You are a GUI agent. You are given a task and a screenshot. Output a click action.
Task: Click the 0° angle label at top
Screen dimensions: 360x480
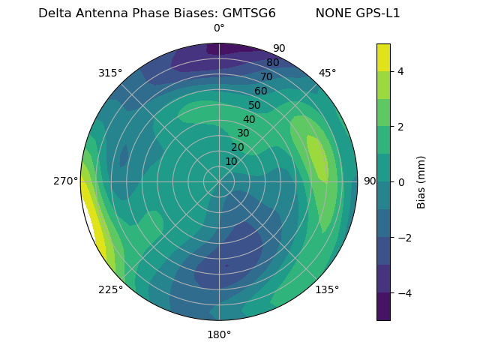click(x=219, y=28)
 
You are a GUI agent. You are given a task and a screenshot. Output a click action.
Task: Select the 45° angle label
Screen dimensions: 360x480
click(x=327, y=73)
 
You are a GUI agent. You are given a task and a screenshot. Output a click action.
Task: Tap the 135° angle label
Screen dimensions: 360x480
click(x=327, y=289)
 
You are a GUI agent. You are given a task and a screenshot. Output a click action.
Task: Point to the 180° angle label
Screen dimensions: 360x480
click(x=219, y=334)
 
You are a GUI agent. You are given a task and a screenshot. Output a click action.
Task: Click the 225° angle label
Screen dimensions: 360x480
click(x=110, y=290)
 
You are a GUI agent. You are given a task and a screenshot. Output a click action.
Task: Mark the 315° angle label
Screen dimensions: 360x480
click(x=110, y=73)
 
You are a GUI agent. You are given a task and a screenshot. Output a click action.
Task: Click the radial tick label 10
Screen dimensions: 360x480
click(x=231, y=161)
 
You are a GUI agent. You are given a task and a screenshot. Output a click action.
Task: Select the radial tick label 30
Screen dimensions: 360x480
click(x=243, y=133)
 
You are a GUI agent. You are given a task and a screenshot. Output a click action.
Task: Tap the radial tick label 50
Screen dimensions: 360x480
click(x=254, y=106)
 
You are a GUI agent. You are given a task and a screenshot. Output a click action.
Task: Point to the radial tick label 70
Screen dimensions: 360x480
click(x=266, y=76)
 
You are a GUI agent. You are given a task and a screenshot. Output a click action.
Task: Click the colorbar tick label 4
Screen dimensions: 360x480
click(x=401, y=71)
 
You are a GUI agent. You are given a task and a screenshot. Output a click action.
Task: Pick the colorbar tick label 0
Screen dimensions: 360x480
click(x=401, y=182)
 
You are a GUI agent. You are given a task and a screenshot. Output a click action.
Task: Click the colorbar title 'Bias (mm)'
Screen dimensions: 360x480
click(x=421, y=182)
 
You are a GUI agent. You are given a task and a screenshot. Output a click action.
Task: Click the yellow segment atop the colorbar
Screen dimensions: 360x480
click(x=383, y=58)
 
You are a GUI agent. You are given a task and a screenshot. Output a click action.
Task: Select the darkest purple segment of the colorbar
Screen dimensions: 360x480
click(x=383, y=307)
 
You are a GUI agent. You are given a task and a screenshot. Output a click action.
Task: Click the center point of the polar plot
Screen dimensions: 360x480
click(x=219, y=181)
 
